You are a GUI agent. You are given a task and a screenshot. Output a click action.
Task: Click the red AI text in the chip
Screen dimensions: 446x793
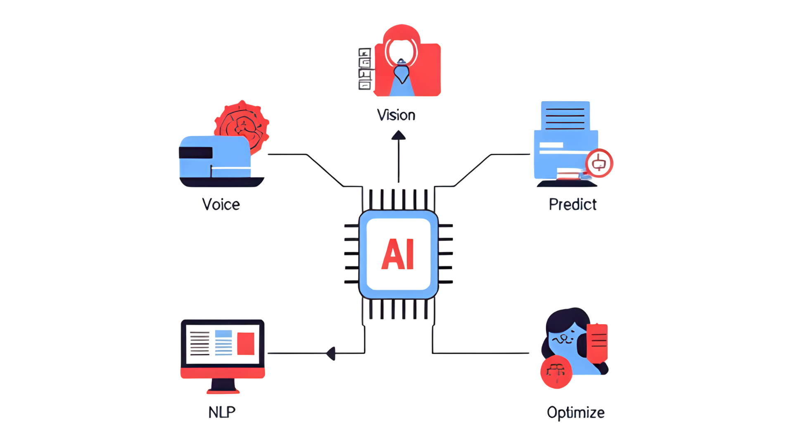click(397, 254)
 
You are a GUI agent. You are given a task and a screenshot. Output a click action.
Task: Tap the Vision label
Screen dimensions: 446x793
click(396, 115)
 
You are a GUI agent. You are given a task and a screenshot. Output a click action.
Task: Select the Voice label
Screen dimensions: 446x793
click(221, 204)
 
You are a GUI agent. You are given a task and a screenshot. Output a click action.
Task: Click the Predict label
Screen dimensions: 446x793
click(572, 204)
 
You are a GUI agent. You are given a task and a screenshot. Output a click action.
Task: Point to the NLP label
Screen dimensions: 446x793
click(222, 412)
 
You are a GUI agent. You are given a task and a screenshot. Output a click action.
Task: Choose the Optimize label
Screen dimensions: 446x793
click(575, 413)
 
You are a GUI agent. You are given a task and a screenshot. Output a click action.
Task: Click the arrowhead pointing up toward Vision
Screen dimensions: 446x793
click(399, 135)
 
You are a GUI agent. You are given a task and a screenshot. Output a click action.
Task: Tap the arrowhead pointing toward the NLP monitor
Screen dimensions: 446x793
click(331, 353)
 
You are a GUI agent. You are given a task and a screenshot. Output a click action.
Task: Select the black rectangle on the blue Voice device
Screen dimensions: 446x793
click(196, 153)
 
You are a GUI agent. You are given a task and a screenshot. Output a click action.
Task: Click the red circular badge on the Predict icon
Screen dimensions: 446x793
click(599, 164)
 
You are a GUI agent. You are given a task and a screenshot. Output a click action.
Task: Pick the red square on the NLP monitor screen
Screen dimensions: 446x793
click(246, 344)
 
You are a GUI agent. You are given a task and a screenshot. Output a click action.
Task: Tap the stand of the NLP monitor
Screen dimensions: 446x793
click(223, 387)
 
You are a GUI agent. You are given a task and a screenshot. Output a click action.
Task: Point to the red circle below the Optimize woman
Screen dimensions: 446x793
click(556, 372)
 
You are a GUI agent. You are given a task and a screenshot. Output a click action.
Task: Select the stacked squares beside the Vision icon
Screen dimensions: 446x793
click(365, 69)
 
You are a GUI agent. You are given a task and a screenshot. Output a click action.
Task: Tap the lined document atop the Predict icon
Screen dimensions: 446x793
click(565, 116)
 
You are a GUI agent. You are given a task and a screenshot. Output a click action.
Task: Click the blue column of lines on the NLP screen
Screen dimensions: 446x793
click(223, 343)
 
